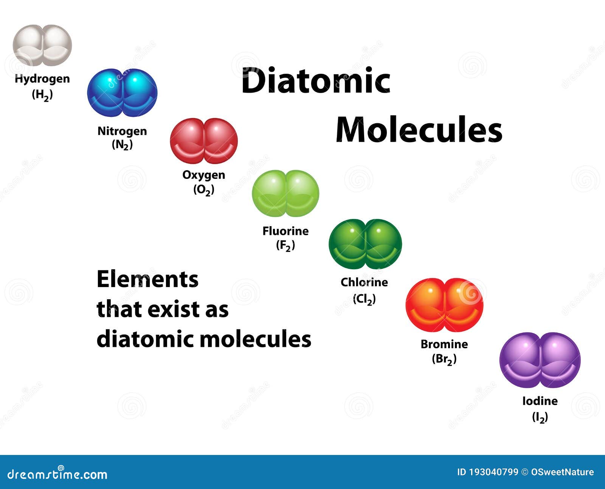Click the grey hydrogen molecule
click(42, 45)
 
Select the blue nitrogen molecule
click(122, 93)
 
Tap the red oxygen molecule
click(204, 141)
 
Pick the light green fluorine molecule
click(285, 194)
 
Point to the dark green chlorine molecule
click(365, 244)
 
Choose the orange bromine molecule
click(445, 305)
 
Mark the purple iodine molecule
click(540, 360)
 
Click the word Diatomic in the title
click(316, 81)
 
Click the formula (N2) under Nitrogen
click(122, 145)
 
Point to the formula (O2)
click(204, 190)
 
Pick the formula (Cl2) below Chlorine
click(365, 299)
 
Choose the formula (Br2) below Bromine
click(444, 360)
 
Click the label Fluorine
click(285, 231)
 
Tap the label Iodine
click(540, 401)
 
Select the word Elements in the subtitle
click(148, 279)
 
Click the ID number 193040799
click(494, 472)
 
